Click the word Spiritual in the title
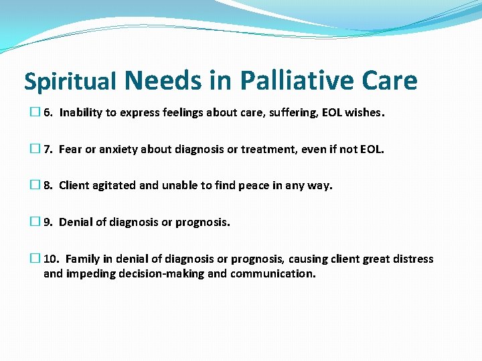pos(70,82)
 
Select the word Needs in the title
pos(163,80)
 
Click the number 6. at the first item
pos(48,112)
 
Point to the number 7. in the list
pos(48,149)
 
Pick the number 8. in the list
pos(48,185)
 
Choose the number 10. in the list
pos(52,259)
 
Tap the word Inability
pos(81,112)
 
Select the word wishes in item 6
pos(362,112)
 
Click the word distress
pos(413,259)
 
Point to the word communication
pos(272,273)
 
